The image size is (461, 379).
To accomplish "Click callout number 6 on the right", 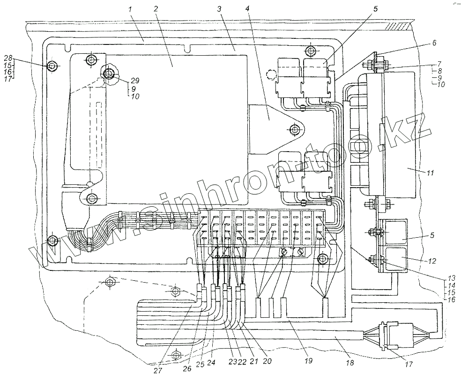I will (x=435, y=44).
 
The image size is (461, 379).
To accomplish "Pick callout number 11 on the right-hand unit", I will (x=431, y=174).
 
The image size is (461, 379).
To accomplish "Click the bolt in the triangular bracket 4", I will (x=294, y=129).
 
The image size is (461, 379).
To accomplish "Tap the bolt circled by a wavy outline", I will (x=109, y=74).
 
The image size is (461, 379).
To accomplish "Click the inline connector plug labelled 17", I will (x=391, y=335).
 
